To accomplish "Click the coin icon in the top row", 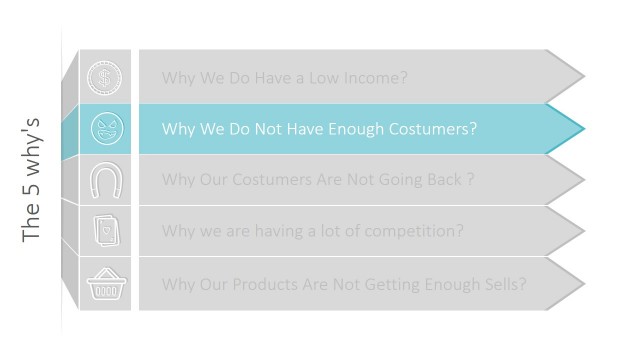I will point(104,76).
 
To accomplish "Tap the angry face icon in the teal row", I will point(105,128).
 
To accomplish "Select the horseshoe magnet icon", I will point(105,180).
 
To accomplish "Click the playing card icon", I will point(105,231).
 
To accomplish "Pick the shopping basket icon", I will point(105,283).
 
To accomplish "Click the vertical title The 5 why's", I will point(32,180).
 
